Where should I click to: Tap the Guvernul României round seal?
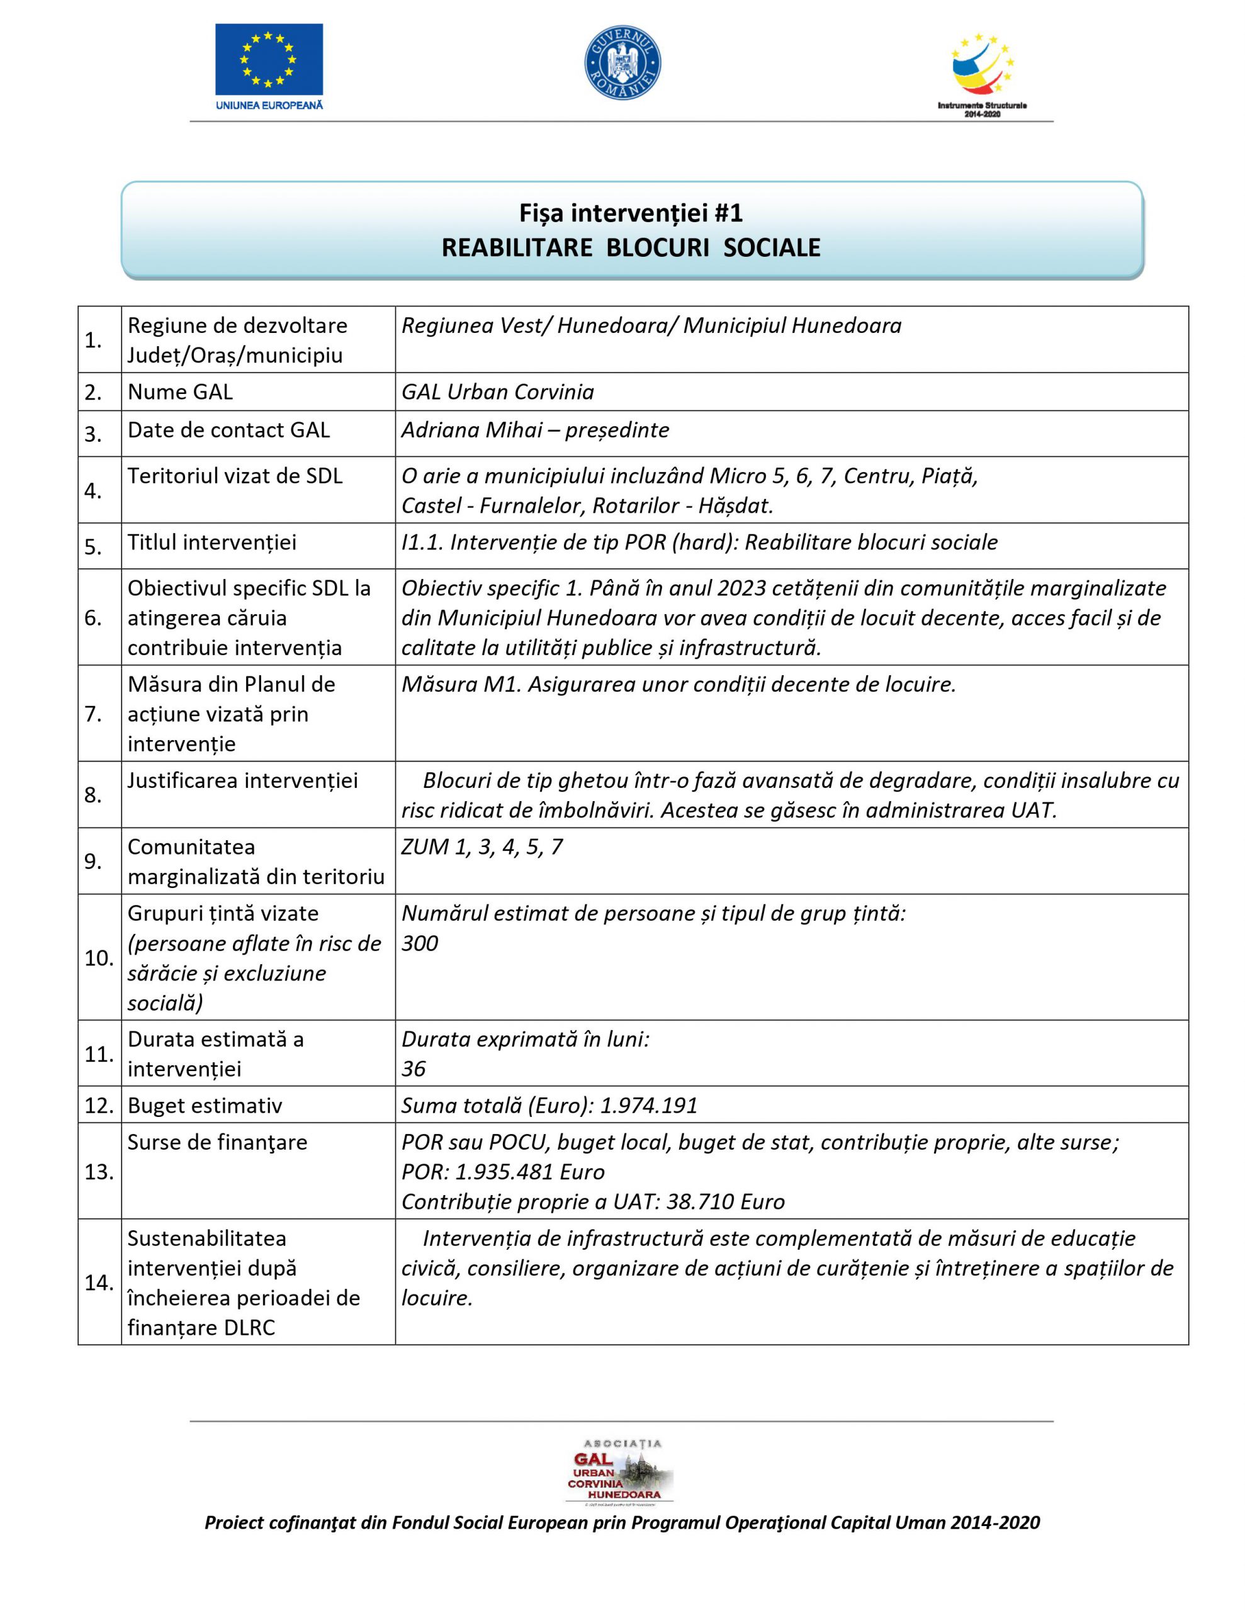point(622,64)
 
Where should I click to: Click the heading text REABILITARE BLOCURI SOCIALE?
point(631,247)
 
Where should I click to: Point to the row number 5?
point(93,547)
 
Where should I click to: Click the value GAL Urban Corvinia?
point(497,391)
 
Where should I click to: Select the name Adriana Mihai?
point(471,430)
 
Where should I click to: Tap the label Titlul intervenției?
point(212,542)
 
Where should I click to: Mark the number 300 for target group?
point(420,943)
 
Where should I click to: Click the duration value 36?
point(414,1069)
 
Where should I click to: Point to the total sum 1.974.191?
point(649,1106)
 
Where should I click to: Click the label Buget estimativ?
point(205,1106)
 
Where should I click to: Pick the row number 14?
point(99,1283)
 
